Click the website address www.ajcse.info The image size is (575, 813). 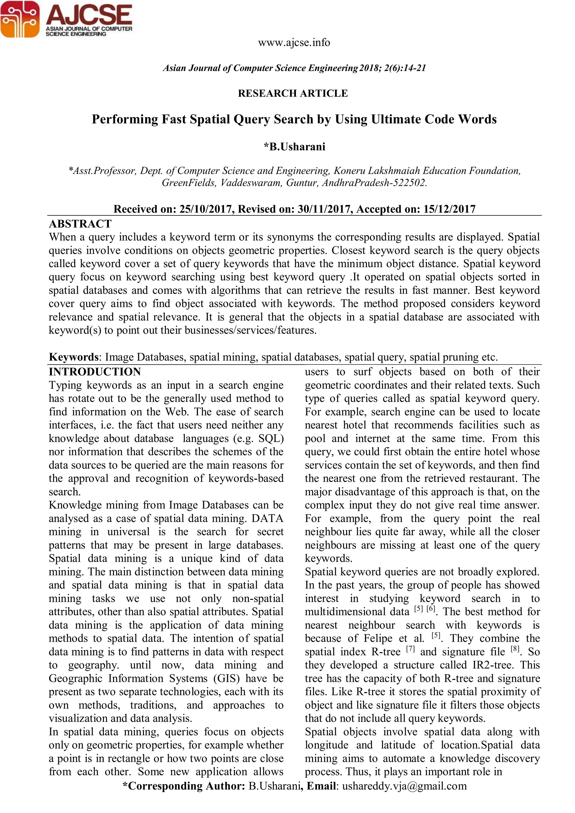click(294, 42)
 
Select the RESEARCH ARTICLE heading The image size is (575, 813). click(293, 93)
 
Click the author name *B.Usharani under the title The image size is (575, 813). click(294, 147)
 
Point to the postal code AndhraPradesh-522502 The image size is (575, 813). click(374, 183)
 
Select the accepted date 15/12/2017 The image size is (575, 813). click(449, 209)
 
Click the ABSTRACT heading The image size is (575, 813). click(80, 224)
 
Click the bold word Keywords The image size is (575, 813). click(74, 357)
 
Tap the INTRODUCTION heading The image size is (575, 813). click(95, 372)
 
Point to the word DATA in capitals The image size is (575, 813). click(267, 518)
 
